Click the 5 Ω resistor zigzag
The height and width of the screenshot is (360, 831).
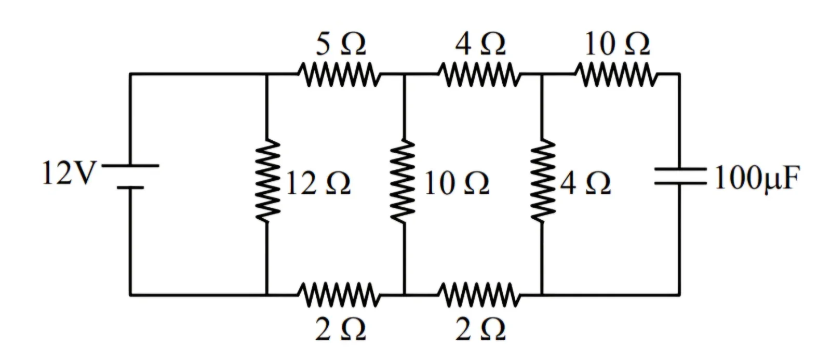click(339, 75)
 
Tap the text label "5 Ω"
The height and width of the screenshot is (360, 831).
click(341, 44)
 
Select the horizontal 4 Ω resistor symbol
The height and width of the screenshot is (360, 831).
click(479, 75)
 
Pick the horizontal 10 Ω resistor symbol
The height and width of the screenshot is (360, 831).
click(616, 75)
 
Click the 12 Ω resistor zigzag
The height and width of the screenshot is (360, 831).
click(267, 181)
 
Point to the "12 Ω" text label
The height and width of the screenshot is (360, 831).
click(318, 183)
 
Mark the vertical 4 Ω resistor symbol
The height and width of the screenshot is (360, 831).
click(542, 181)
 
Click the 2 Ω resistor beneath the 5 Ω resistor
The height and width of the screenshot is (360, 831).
click(339, 295)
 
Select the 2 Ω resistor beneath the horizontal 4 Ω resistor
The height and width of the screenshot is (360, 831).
click(479, 295)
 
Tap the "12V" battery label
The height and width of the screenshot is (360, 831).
click(70, 173)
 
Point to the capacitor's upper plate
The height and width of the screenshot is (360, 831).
click(680, 169)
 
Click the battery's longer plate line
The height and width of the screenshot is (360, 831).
click(130, 166)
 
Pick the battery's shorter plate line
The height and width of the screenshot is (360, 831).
click(130, 188)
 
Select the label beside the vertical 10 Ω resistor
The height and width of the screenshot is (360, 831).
click(457, 183)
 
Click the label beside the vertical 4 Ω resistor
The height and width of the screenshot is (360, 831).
click(585, 183)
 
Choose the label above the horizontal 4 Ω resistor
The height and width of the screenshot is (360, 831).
click(480, 44)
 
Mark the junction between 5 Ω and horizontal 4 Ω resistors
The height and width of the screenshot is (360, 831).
click(405, 75)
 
